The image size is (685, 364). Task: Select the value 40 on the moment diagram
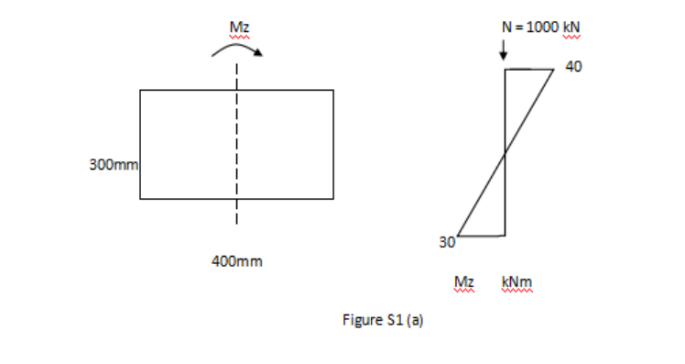[573, 67]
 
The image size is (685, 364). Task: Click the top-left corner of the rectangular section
[140, 90]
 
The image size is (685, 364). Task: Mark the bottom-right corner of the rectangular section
[333, 198]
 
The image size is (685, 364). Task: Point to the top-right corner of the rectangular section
[333, 90]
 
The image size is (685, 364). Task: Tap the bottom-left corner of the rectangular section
[140, 198]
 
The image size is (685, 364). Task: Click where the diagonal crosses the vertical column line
[506, 154]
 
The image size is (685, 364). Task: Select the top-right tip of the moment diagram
[554, 69]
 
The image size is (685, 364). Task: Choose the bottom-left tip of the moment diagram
[458, 236]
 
